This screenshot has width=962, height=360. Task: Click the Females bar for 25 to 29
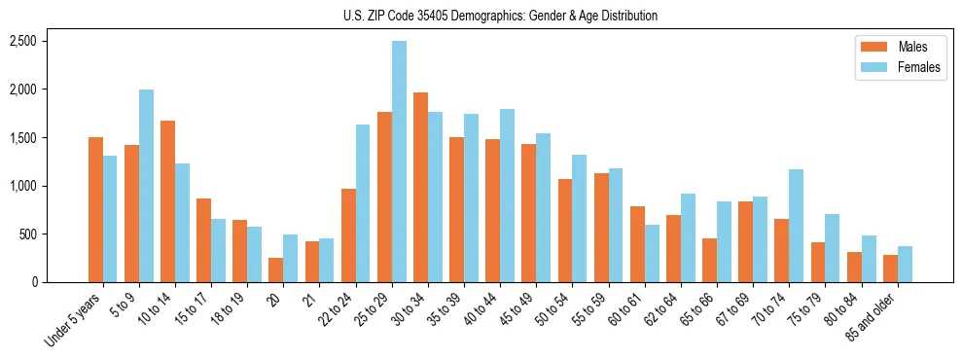(399, 162)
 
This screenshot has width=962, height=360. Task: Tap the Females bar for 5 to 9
(146, 186)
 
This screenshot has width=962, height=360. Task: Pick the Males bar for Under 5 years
(95, 209)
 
